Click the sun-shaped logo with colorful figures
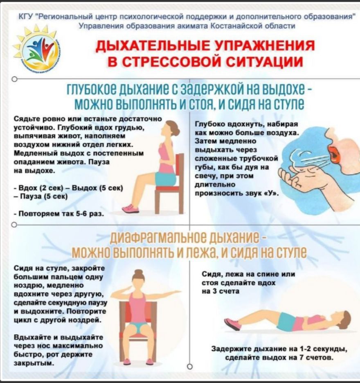pos(37,49)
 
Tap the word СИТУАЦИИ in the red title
pos(264,61)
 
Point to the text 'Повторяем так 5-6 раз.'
pos(59,214)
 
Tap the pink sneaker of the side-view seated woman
pos(130,209)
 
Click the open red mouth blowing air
pos(334,154)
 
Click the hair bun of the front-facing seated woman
pos(139,273)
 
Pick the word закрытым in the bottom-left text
pos(34,363)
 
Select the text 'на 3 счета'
pos(220,291)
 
